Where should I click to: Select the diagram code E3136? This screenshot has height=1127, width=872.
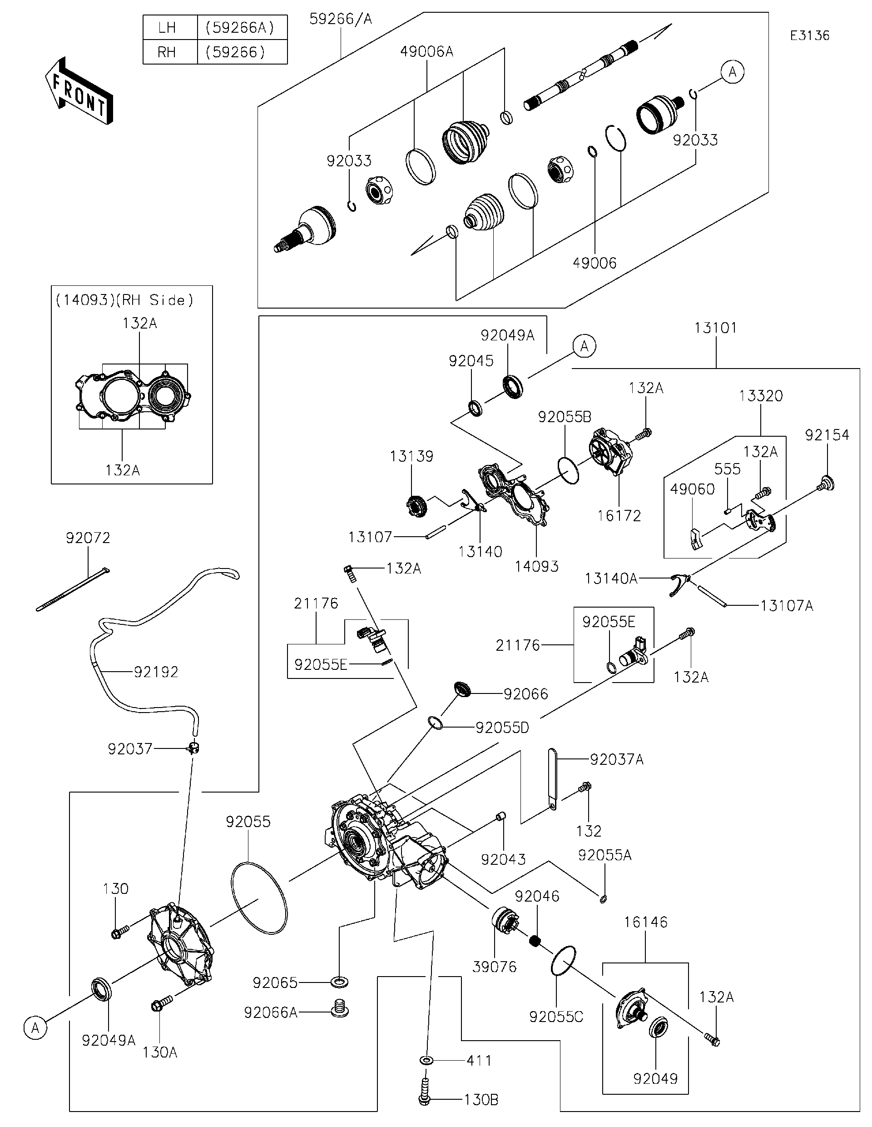(810, 35)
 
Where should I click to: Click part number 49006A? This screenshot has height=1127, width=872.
(426, 52)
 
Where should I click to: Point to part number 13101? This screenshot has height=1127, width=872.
(715, 328)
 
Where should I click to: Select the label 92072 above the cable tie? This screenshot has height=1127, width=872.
(88, 538)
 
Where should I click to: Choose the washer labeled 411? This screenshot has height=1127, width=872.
(426, 1060)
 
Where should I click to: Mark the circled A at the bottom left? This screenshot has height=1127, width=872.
(35, 1028)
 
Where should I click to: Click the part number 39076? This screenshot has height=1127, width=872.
(495, 967)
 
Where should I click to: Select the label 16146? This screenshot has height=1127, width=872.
(646, 922)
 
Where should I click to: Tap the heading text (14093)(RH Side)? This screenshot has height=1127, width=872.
(124, 300)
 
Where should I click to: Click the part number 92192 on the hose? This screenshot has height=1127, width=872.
(156, 672)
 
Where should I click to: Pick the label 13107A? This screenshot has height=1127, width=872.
(787, 605)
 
